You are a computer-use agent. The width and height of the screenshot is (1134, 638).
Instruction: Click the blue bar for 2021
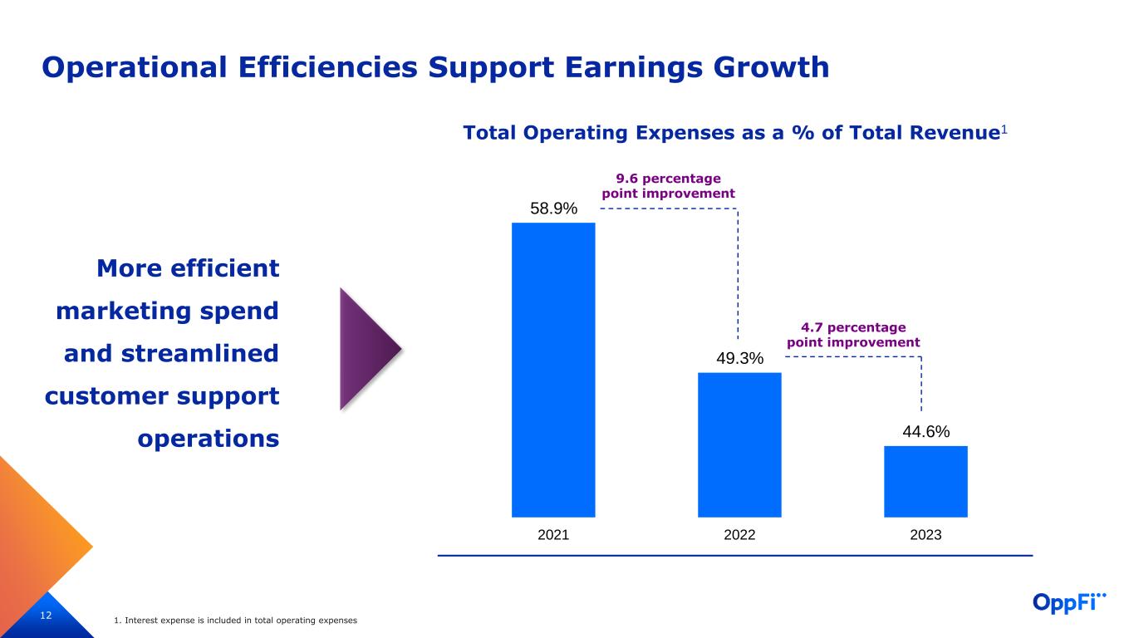pos(553,370)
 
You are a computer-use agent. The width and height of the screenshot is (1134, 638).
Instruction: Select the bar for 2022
pos(739,444)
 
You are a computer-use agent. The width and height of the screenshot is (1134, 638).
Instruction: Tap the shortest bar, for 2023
pos(925,481)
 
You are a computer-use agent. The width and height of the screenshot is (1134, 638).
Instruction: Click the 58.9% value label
pos(553,209)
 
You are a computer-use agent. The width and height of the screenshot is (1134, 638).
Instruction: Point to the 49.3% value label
pos(739,359)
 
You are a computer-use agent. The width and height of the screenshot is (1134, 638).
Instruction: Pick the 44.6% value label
pos(925,432)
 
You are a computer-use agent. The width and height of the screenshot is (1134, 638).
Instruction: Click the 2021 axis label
pos(553,535)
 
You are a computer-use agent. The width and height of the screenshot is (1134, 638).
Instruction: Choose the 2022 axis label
pos(739,535)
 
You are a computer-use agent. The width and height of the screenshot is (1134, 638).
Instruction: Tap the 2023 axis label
pos(925,535)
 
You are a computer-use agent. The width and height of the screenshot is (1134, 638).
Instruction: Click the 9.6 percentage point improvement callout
pos(668,186)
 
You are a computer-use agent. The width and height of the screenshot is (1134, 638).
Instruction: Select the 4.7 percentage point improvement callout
pos(853,335)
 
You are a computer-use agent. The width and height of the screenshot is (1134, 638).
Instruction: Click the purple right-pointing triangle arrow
pos(366,349)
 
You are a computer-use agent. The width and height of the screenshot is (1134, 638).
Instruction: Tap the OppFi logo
pos(1070,602)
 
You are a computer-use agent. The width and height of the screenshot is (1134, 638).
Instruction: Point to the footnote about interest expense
pos(236,621)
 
